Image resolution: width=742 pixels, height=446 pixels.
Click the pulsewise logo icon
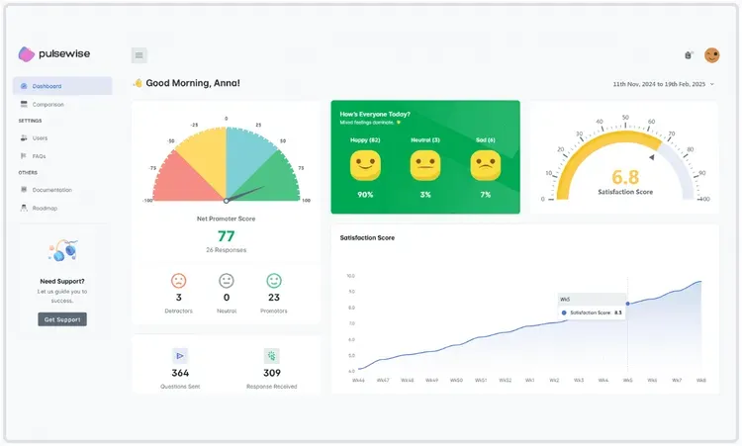click(27, 54)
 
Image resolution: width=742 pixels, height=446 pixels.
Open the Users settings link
click(40, 137)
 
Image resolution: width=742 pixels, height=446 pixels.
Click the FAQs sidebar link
click(39, 156)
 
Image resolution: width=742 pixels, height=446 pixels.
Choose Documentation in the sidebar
click(51, 189)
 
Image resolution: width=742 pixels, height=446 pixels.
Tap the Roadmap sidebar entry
click(44, 208)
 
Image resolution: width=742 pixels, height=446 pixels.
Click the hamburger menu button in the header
click(139, 55)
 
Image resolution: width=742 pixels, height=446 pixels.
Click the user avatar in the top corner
click(712, 55)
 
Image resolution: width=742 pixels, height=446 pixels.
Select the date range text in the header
click(659, 84)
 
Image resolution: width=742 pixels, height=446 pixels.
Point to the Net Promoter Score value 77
click(227, 235)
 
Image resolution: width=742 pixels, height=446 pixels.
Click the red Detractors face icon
click(179, 281)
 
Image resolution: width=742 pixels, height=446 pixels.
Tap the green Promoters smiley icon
click(274, 281)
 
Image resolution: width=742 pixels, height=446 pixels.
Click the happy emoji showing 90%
click(365, 165)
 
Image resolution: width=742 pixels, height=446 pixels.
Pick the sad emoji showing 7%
click(485, 165)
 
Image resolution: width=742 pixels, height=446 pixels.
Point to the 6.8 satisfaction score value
click(625, 177)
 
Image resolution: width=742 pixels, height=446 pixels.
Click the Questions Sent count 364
click(180, 373)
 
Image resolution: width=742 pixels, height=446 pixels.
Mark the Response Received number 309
click(272, 373)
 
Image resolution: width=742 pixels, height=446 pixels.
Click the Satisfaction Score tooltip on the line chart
click(592, 308)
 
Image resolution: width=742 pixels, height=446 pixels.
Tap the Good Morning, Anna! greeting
click(193, 83)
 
